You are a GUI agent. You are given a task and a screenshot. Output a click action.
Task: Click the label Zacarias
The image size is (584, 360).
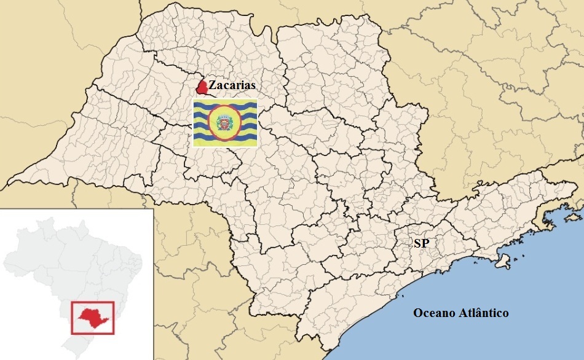coord(232,85)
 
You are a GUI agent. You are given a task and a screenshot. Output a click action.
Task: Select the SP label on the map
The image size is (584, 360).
coord(421,244)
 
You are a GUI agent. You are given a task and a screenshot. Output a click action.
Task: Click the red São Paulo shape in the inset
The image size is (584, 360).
coord(92,316)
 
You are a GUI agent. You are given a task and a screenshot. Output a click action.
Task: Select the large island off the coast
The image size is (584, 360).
coord(503,260)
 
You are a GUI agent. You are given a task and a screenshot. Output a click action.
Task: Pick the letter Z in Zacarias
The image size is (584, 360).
coord(212,85)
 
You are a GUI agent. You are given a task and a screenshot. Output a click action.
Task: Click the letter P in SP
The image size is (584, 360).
coord(425,244)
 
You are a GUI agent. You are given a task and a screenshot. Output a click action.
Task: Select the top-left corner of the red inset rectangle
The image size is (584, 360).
coord(72,301)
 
